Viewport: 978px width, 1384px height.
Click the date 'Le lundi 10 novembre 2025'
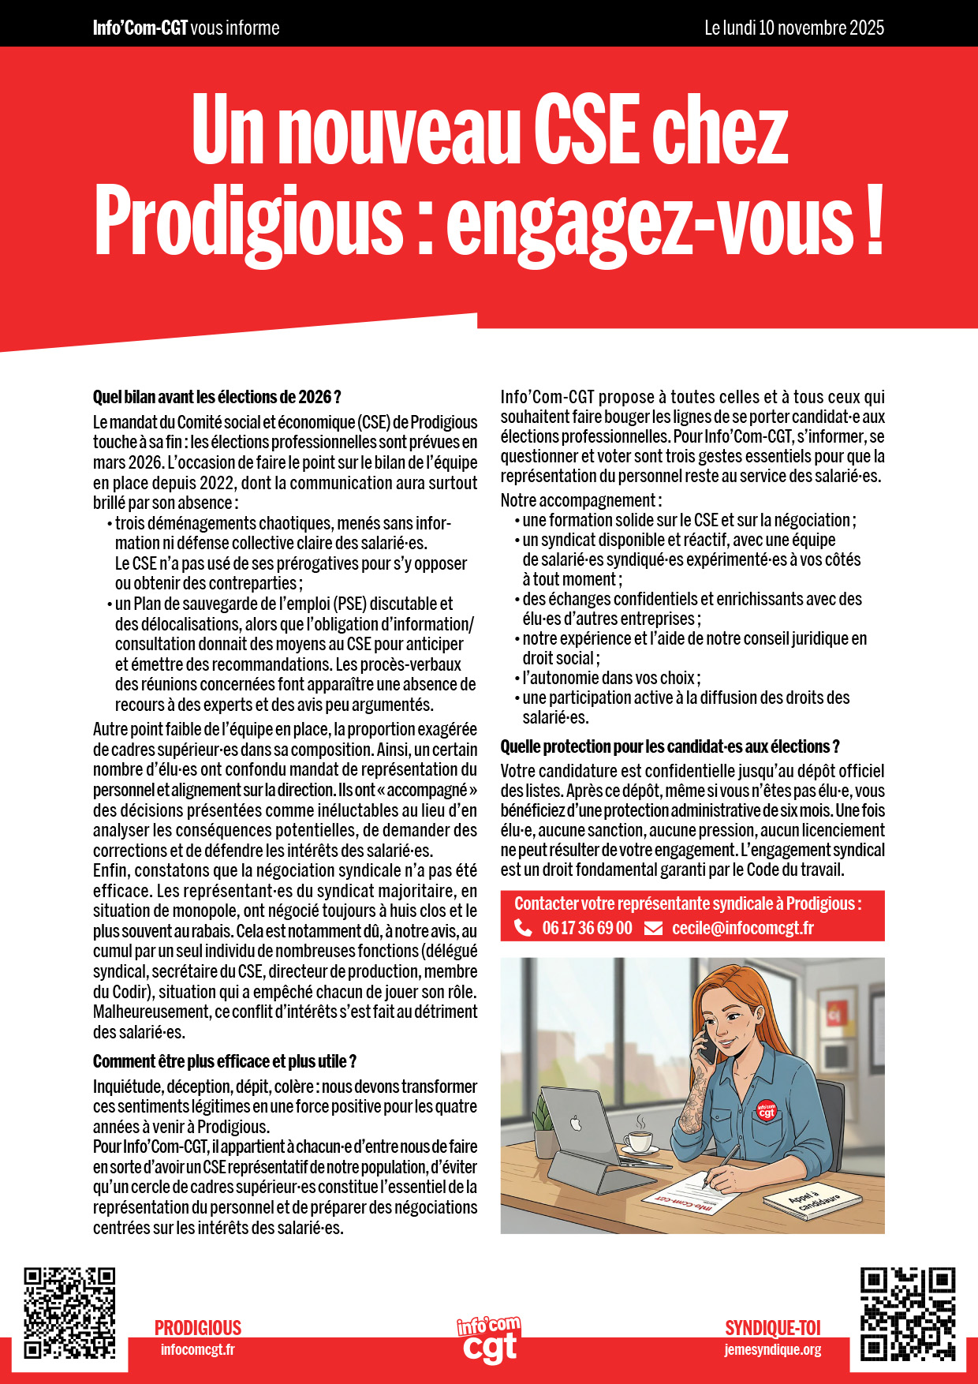pyautogui.click(x=793, y=28)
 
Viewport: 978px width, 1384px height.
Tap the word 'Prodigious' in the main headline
pyautogui.click(x=249, y=221)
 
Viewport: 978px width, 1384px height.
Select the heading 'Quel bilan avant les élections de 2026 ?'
pyautogui.click(x=217, y=397)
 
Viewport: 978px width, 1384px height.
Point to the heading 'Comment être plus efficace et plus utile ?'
pyautogui.click(x=225, y=1061)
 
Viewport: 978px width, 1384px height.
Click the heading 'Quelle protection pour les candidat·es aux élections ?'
pyautogui.click(x=670, y=746)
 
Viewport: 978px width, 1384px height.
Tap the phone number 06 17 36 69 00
pyautogui.click(x=587, y=928)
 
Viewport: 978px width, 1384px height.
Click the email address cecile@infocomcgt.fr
pyautogui.click(x=742, y=928)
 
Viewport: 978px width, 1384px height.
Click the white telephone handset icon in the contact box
pyautogui.click(x=523, y=928)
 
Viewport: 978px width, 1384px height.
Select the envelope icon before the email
pyautogui.click(x=653, y=929)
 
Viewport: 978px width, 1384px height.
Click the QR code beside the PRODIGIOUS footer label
pyautogui.click(x=69, y=1313)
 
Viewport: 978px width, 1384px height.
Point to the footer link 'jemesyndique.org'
pyautogui.click(x=772, y=1350)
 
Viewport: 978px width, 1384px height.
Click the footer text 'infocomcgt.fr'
pyautogui.click(x=197, y=1350)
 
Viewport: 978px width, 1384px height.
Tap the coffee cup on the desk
pyautogui.click(x=638, y=1139)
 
